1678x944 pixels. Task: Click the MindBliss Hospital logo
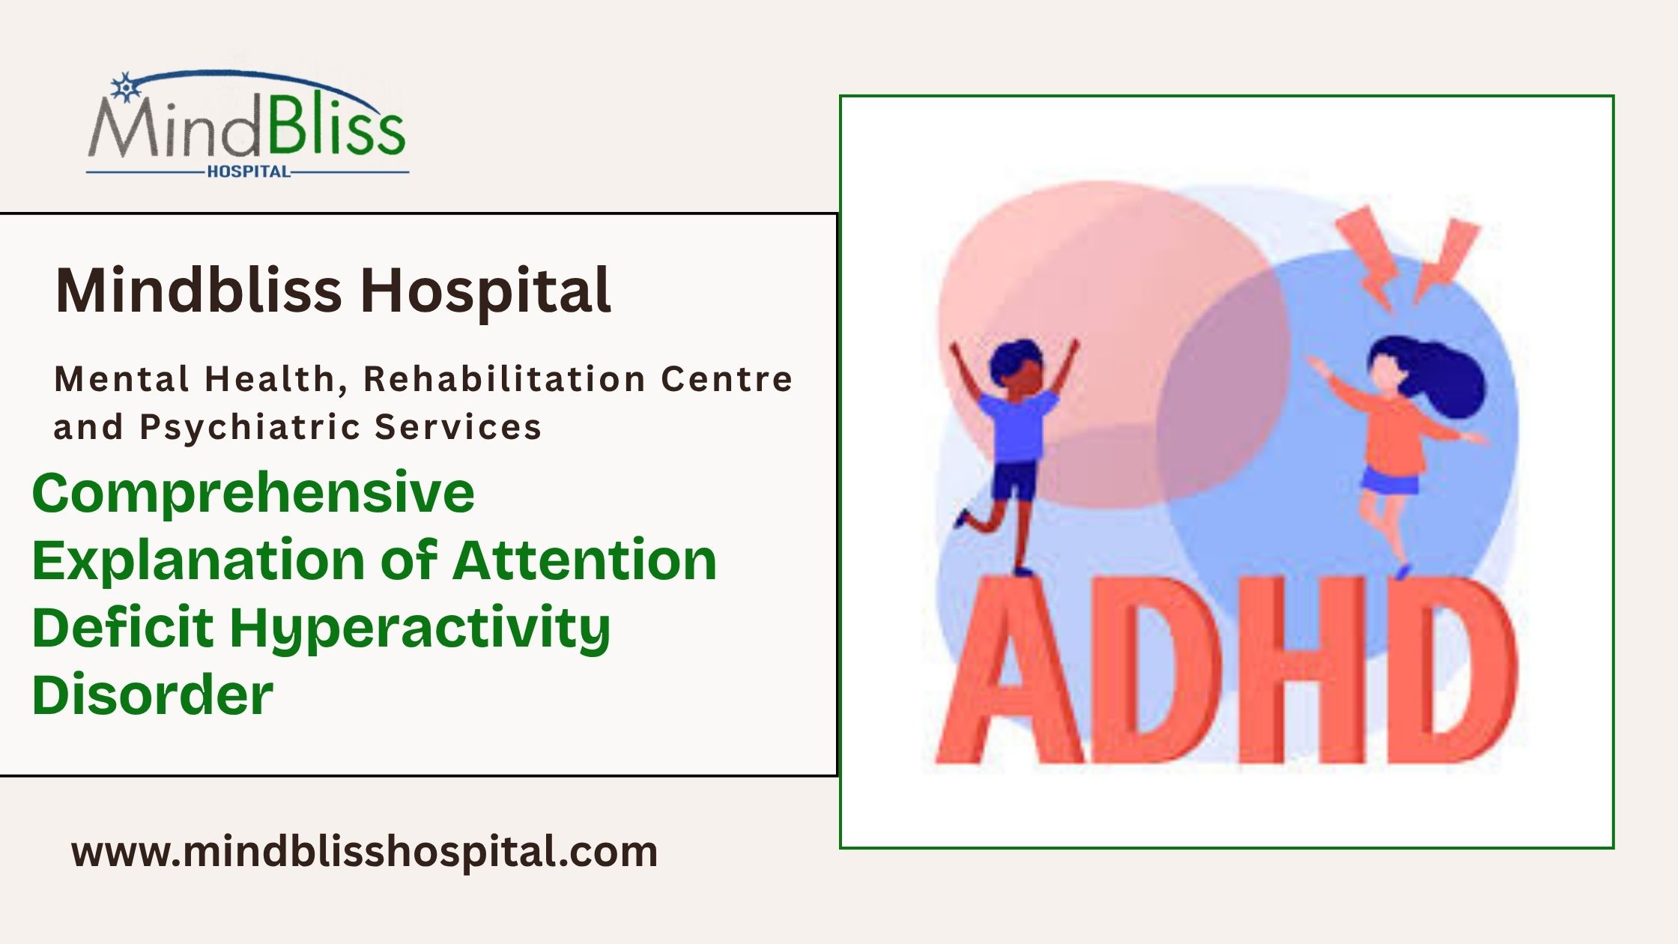[x=247, y=124]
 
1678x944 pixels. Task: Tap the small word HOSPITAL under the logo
[x=248, y=172]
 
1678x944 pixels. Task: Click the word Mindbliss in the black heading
[x=199, y=291]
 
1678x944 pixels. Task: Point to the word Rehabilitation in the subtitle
[x=503, y=379]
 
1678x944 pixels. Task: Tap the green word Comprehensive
[x=253, y=493]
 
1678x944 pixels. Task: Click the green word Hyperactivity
[x=419, y=628]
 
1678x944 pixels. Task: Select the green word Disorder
[x=153, y=695]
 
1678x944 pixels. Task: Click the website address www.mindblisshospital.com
[x=364, y=852]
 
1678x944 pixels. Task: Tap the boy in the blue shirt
[x=1015, y=435]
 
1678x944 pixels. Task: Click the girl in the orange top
[x=1393, y=435]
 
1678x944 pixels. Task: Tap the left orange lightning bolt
[x=1371, y=255]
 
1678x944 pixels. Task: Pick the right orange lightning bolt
[x=1446, y=258]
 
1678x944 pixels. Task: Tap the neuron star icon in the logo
[x=125, y=87]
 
